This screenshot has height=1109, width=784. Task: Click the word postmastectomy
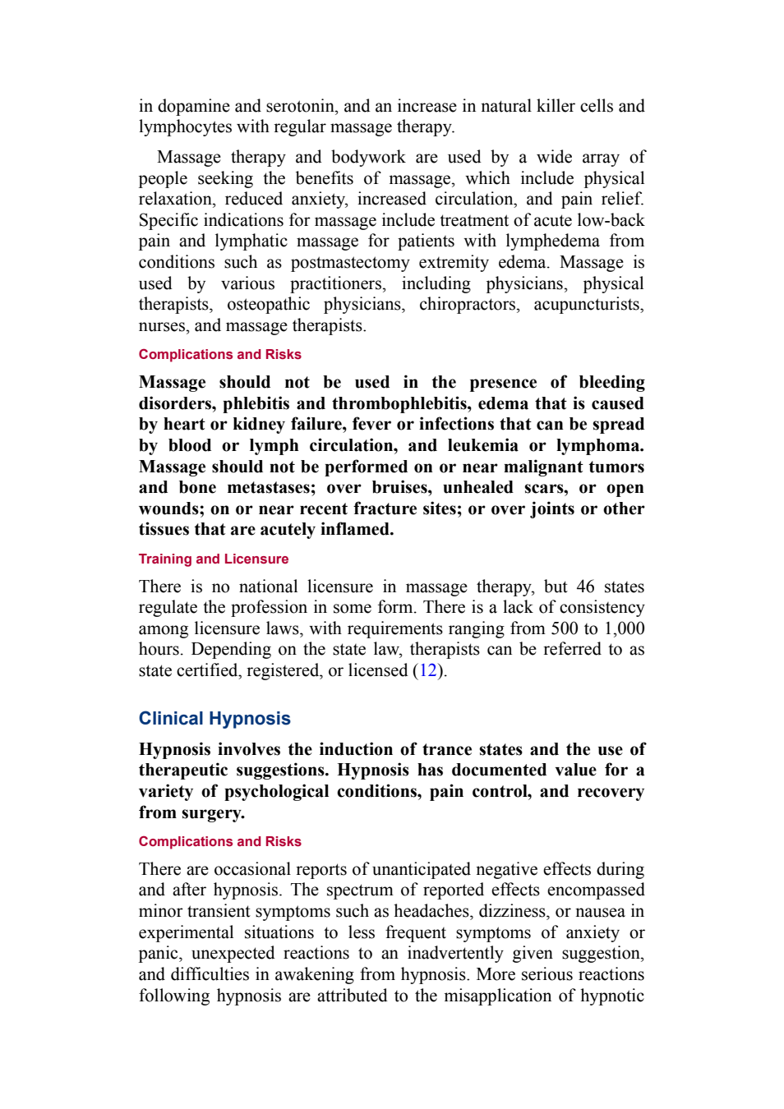pos(349,262)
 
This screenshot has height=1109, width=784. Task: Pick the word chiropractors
pos(469,305)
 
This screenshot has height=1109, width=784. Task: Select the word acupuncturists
pos(589,305)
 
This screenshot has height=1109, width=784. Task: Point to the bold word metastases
pos(271,488)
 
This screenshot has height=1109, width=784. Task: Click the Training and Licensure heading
pos(214,559)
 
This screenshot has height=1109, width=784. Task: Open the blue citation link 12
pos(428,671)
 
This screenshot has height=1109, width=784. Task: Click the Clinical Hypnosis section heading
pos(214,719)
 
